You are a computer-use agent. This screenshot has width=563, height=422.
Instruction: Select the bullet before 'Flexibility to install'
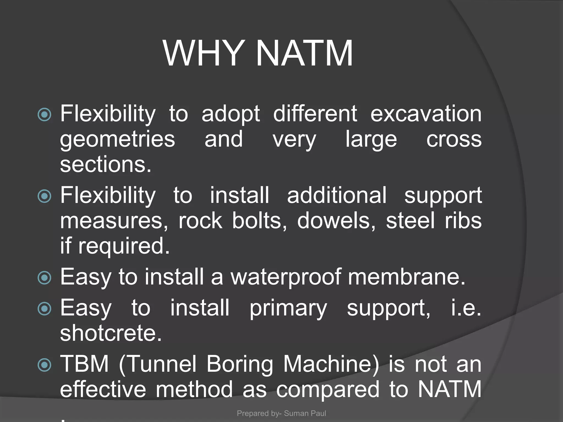[x=44, y=196]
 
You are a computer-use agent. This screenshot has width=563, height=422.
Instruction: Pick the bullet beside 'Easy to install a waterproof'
[x=44, y=277]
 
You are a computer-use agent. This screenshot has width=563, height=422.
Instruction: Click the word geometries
[x=117, y=140]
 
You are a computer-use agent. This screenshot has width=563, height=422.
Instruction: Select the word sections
[x=106, y=164]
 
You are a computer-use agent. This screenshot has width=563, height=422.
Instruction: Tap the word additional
[x=337, y=195]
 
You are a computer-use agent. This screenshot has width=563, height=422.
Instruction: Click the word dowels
[x=336, y=220]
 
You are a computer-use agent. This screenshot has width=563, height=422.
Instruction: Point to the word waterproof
[x=286, y=277]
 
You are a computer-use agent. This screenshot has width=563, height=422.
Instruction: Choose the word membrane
[x=406, y=276]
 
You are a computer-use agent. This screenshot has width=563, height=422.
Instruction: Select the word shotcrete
[x=111, y=333]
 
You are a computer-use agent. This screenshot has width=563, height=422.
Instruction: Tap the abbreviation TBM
[x=84, y=364]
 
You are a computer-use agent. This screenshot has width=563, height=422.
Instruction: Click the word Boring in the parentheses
[x=239, y=364]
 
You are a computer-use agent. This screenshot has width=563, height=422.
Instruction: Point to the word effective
[x=103, y=389]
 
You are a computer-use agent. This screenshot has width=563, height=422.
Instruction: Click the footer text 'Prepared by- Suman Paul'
[x=281, y=413]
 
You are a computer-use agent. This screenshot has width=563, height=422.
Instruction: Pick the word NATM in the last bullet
[x=449, y=389]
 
